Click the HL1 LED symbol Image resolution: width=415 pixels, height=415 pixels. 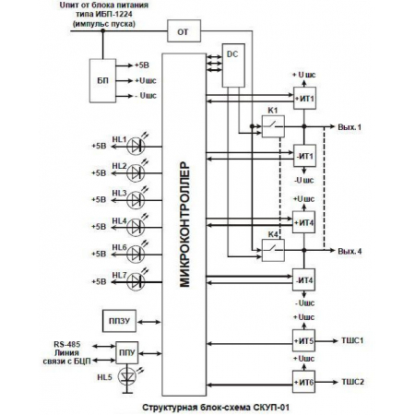(x=139, y=146)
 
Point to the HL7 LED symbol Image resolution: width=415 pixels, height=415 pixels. (x=139, y=280)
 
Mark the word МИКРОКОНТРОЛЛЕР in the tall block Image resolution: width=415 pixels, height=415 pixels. (x=184, y=226)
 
